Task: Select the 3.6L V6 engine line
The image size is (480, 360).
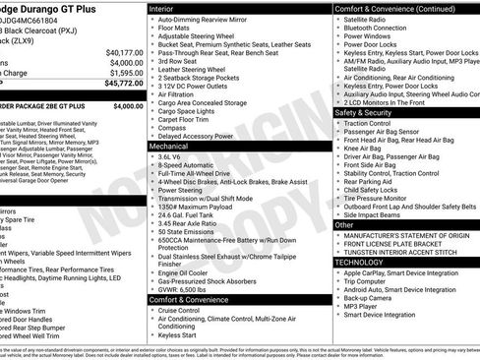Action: click(x=173, y=155)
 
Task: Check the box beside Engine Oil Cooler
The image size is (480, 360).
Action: click(x=151, y=272)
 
